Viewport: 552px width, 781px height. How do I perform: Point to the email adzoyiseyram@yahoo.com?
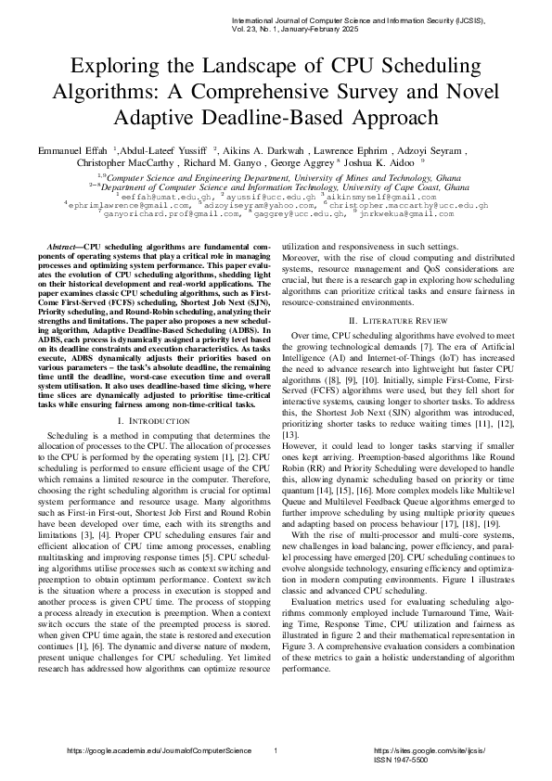coord(250,205)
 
